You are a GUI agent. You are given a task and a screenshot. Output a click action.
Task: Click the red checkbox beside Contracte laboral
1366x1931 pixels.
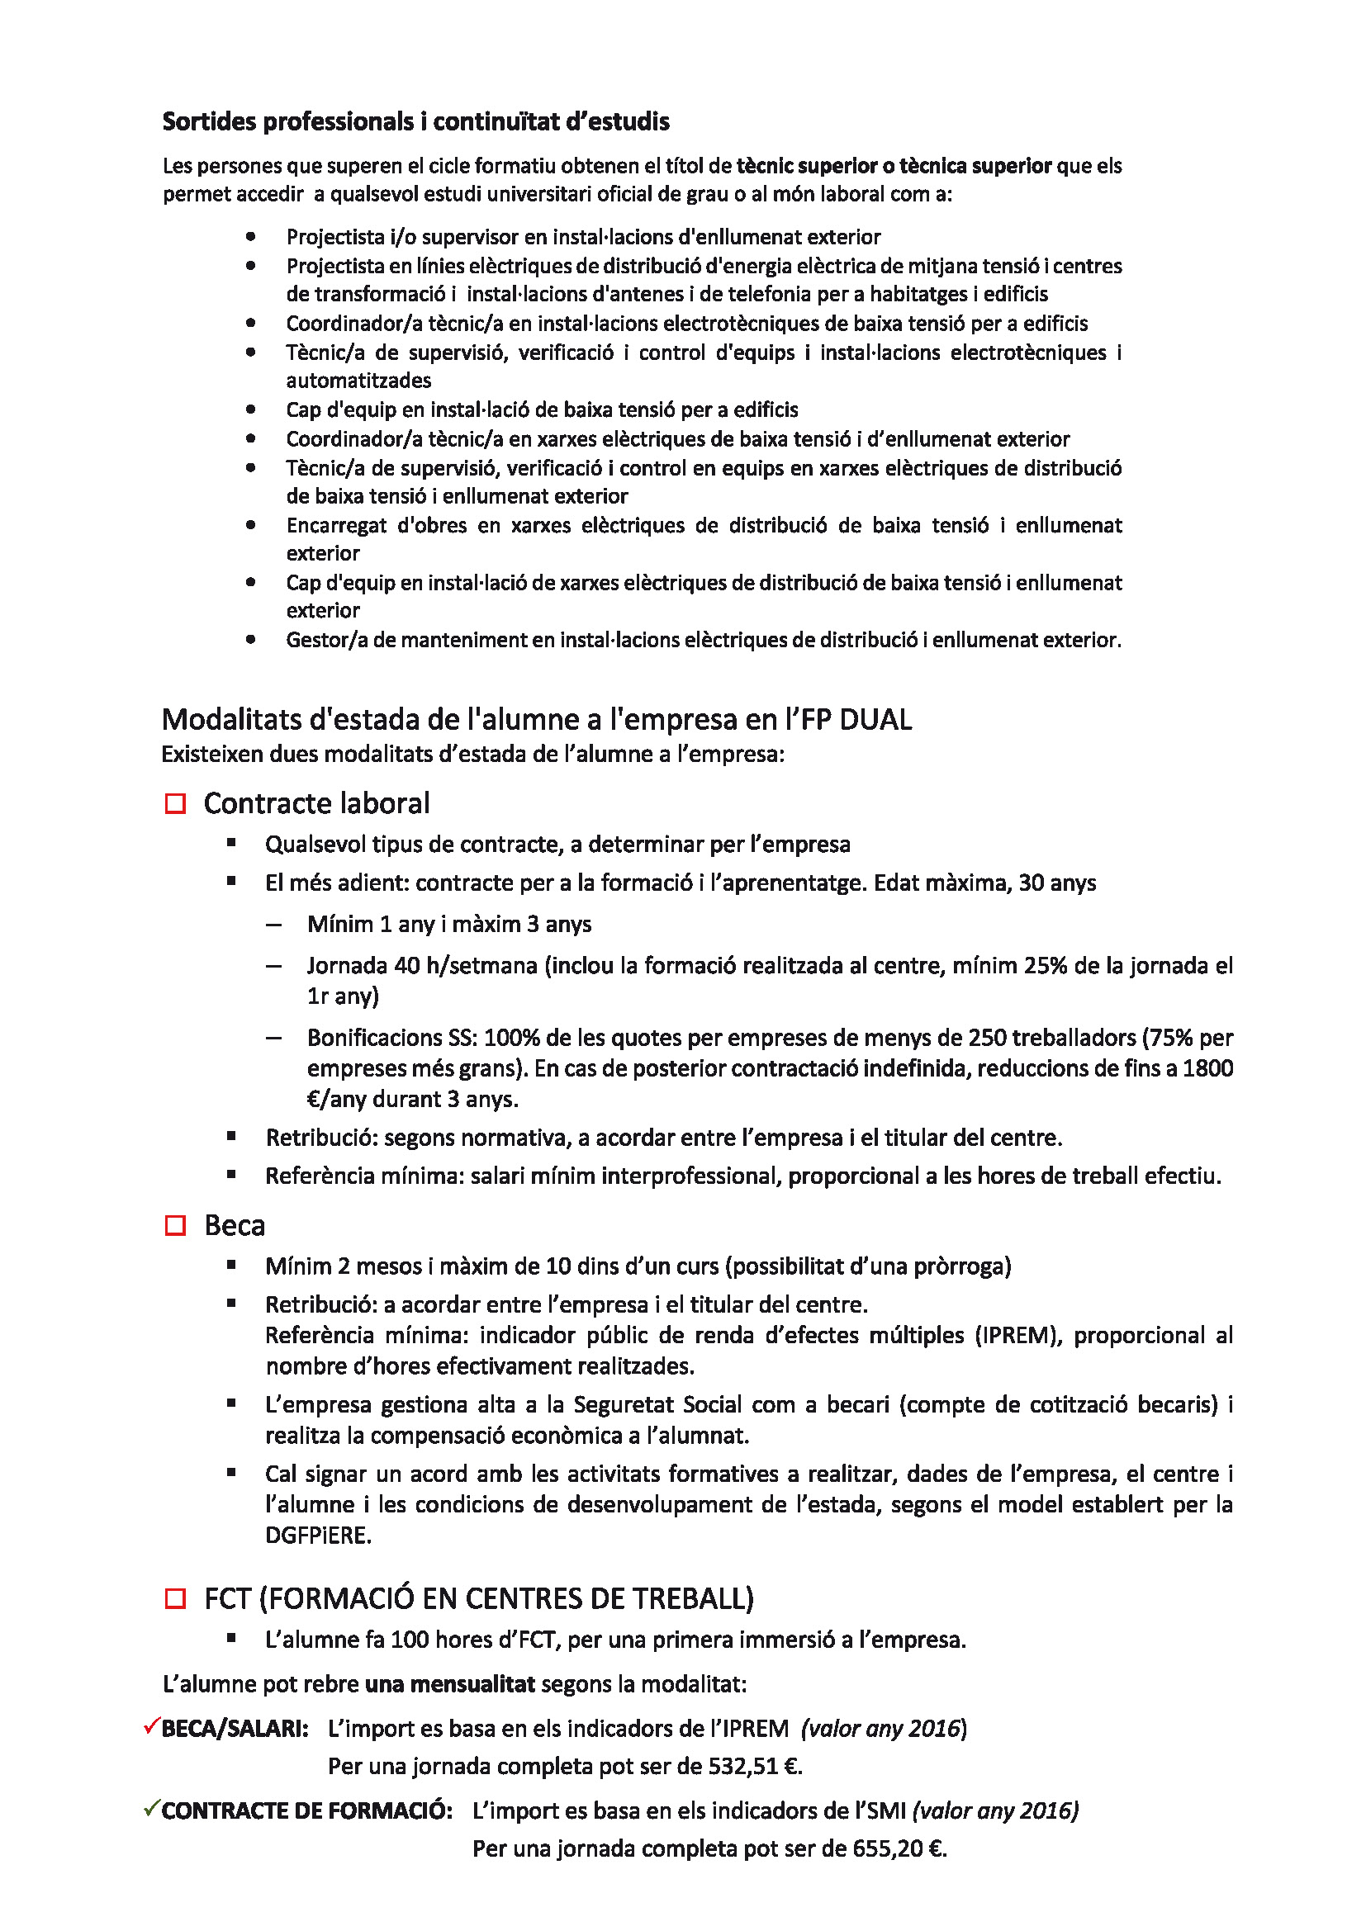point(175,804)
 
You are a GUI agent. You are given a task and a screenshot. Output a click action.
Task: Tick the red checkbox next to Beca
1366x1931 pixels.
point(175,1225)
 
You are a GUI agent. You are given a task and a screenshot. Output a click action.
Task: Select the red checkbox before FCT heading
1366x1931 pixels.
point(175,1598)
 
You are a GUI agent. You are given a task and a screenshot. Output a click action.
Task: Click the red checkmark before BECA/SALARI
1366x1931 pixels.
point(151,1726)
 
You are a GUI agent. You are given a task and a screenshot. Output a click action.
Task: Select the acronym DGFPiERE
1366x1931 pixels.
point(317,1535)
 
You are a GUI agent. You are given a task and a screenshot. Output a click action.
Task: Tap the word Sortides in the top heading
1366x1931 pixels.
point(210,122)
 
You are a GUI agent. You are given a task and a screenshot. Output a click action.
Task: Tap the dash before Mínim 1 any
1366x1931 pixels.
point(273,925)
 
